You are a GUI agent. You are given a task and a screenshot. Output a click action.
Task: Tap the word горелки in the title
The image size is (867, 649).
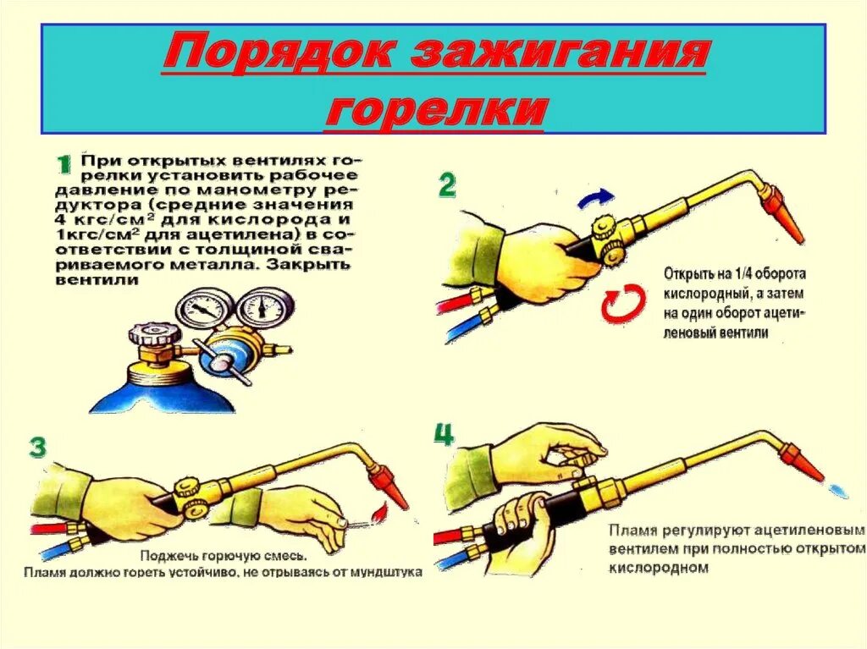click(x=433, y=110)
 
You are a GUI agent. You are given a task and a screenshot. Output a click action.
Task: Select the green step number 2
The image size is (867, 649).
click(x=447, y=184)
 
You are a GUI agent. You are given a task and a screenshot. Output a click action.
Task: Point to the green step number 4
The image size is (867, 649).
click(x=444, y=435)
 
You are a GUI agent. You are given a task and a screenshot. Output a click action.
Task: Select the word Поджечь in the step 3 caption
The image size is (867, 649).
click(x=168, y=557)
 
